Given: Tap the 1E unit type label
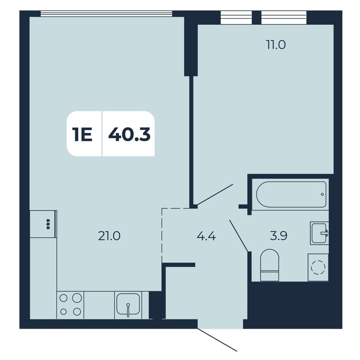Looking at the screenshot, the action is [x=82, y=135].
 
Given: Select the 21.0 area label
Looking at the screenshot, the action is [x=109, y=236].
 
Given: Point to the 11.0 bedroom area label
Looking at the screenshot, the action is [x=276, y=45].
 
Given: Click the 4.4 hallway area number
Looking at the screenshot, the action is [x=206, y=236].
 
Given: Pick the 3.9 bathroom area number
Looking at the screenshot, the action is [x=279, y=236].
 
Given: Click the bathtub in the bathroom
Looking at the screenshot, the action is [x=291, y=194].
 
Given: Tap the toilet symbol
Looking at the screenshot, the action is [x=269, y=265].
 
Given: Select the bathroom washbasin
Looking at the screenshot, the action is [x=319, y=233].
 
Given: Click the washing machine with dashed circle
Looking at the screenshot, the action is [x=318, y=267].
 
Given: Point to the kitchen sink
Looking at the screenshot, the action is [x=128, y=305].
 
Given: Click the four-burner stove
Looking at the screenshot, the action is [x=70, y=305].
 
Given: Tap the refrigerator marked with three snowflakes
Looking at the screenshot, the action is [x=44, y=224].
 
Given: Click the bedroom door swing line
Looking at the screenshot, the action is [x=215, y=194].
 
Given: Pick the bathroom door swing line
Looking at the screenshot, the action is [x=239, y=236].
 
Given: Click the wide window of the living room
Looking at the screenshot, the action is [x=106, y=14].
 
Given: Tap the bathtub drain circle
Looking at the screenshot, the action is [x=322, y=194].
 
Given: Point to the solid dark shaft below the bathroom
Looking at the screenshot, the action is [x=295, y=305].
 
